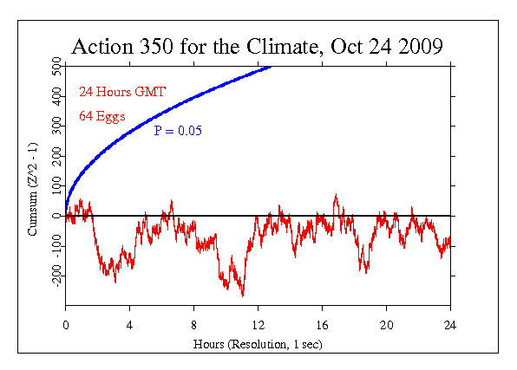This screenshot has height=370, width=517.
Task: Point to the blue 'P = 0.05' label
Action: point(178,131)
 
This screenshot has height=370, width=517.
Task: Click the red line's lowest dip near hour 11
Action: point(242,295)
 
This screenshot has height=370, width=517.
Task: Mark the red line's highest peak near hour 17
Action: point(336,195)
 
